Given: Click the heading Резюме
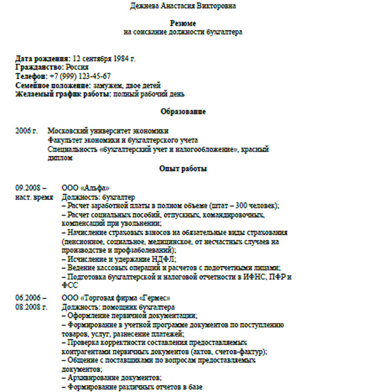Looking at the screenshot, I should click(183, 23).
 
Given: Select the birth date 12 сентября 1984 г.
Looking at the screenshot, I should click(104, 58).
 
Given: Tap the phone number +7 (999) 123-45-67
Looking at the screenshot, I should click(84, 76).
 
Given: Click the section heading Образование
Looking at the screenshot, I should click(182, 112).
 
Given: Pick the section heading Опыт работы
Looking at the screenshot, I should click(182, 169).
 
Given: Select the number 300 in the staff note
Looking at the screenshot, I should click(241, 205).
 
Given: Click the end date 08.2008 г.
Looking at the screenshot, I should click(31, 306).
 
